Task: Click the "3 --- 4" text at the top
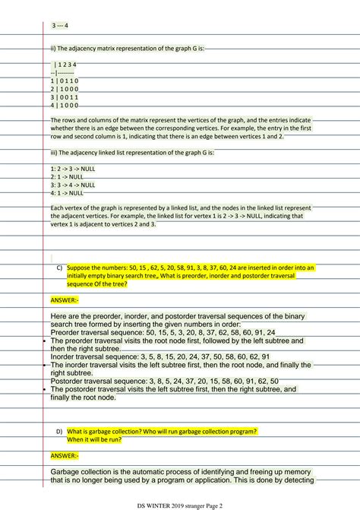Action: tap(60, 25)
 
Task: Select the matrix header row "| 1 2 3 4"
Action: tap(66, 65)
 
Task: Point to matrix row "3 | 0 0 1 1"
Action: tap(64, 97)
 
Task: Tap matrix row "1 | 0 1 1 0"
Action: tap(64, 81)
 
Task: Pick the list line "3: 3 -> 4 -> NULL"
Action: tap(73, 185)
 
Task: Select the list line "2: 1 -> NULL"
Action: tap(67, 176)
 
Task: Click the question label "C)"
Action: tap(59, 268)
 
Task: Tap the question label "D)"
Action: tap(59, 432)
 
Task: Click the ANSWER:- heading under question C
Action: tap(65, 299)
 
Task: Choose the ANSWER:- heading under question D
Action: tap(65, 455)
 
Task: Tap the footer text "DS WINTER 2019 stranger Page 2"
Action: tap(180, 504)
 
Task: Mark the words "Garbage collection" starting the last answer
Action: tap(81, 472)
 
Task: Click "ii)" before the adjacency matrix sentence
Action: tap(53, 49)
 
